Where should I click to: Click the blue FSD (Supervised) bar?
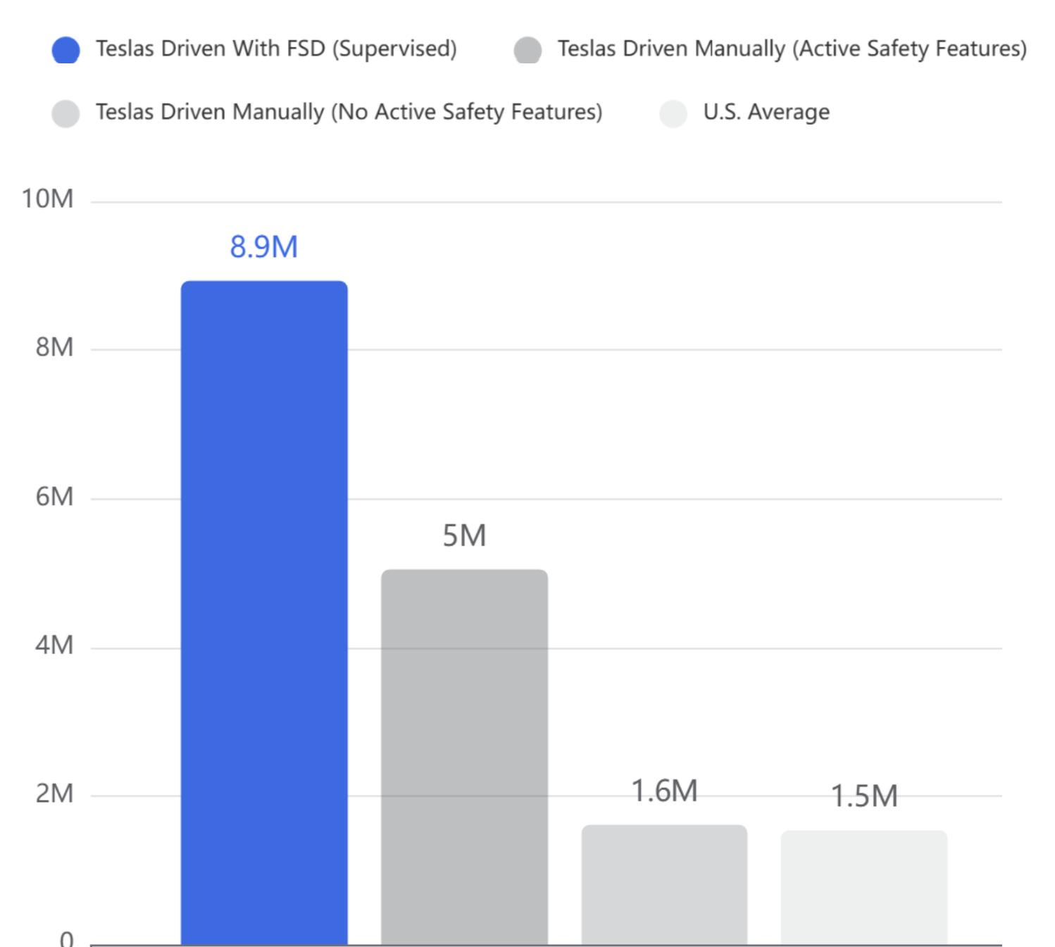[x=264, y=613]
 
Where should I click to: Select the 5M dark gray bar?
[x=464, y=757]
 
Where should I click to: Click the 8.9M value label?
[x=264, y=247]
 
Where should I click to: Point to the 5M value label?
[x=464, y=536]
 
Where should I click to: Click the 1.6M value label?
[x=664, y=791]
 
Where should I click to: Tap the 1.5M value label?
[x=864, y=796]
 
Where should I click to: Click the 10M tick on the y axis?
[x=47, y=199]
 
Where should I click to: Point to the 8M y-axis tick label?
[x=54, y=347]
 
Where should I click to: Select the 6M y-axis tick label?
[x=54, y=497]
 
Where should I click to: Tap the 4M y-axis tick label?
[x=54, y=645]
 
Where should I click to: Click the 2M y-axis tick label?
[x=54, y=794]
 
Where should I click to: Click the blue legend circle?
[x=66, y=50]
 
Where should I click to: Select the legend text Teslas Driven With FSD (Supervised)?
[x=276, y=49]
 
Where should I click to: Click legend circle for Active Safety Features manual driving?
[x=527, y=50]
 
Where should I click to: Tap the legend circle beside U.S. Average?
[x=673, y=113]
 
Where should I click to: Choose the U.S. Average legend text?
[x=766, y=112]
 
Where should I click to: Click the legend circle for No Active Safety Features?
[x=66, y=113]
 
